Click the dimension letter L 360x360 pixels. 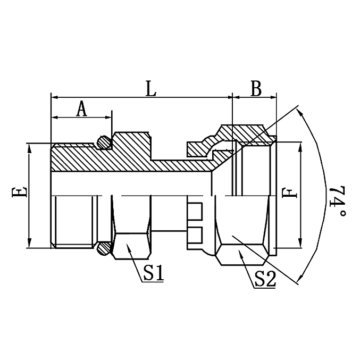[150, 88]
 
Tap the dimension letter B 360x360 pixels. [256, 88]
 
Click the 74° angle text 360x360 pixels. [336, 202]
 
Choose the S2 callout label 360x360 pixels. [264, 279]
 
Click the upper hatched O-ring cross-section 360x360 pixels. [105, 142]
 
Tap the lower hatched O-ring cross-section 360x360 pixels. [105, 248]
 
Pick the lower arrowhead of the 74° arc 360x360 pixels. [302, 278]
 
